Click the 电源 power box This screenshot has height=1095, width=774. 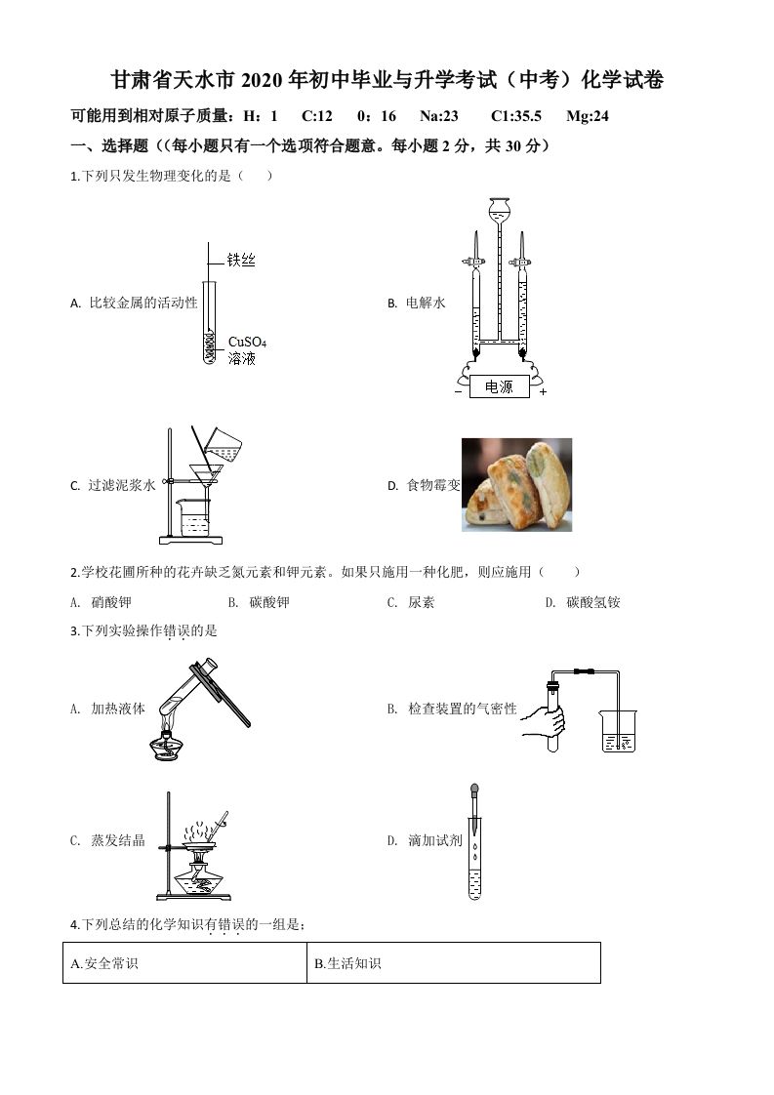[499, 387]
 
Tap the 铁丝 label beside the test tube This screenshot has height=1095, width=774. [241, 261]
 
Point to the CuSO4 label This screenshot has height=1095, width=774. [247, 343]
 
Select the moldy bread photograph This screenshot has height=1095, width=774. [516, 485]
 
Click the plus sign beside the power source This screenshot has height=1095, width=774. [543, 392]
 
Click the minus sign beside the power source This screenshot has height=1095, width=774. [457, 392]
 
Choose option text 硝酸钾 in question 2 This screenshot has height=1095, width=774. [110, 602]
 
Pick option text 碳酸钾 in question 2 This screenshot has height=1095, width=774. [269, 602]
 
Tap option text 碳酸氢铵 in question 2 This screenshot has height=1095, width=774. [592, 602]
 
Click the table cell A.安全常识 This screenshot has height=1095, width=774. [184, 963]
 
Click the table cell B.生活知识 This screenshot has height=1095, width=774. [453, 963]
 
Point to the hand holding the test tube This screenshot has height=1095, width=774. [544, 721]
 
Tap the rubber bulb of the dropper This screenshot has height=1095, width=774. [474, 788]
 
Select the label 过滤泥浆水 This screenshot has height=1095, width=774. [122, 485]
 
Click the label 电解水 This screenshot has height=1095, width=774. [426, 304]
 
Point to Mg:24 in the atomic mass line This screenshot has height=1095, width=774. [588, 116]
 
